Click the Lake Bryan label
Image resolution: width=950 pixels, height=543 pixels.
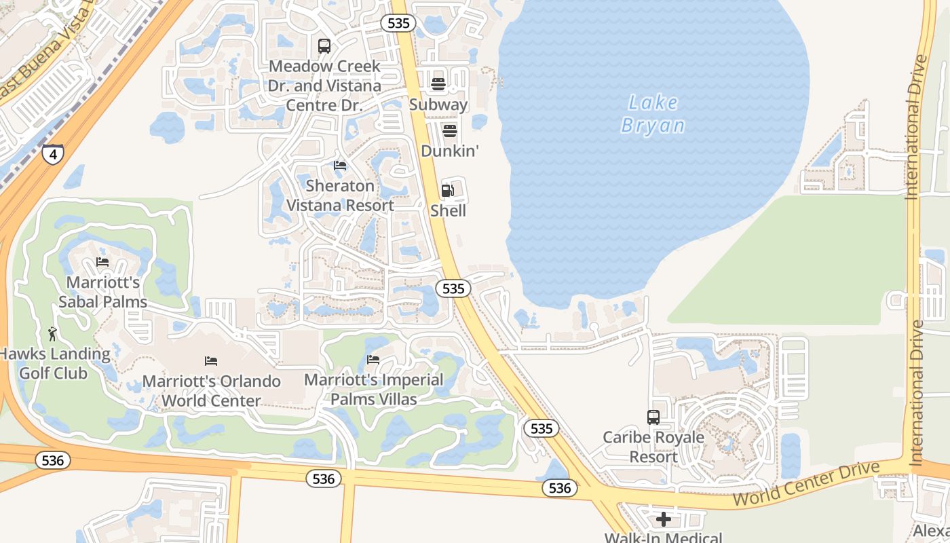tap(653, 114)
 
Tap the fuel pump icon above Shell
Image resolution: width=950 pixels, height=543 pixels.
tap(448, 191)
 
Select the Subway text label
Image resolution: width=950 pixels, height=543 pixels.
tap(438, 105)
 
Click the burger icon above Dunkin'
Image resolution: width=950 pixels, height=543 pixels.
tap(450, 130)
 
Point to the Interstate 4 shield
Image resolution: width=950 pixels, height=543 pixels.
tap(53, 153)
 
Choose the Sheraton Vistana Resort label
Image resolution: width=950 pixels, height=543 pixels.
tap(340, 195)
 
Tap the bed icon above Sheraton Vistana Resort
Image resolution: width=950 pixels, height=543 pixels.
tap(340, 166)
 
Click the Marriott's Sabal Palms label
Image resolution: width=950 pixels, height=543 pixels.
tap(103, 292)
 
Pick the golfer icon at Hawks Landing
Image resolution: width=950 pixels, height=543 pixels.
tap(53, 333)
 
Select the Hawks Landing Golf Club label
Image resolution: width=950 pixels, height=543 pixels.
tap(54, 363)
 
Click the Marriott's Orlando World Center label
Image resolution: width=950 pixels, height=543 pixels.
tap(212, 391)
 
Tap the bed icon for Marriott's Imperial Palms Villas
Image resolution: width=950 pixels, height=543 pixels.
tap(373, 360)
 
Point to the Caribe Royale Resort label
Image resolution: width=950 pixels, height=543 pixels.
tap(653, 447)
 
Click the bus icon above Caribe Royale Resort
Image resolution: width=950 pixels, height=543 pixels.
tap(653, 417)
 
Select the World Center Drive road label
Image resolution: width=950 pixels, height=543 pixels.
tap(806, 484)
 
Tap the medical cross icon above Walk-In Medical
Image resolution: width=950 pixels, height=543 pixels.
tap(664, 520)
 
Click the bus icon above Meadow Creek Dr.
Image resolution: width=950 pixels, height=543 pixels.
tap(324, 46)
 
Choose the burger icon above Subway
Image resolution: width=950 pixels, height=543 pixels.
tap(438, 84)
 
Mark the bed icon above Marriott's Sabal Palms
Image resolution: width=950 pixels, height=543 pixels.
tap(102, 262)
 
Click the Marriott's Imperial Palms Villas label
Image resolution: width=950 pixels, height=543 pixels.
tap(373, 390)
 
